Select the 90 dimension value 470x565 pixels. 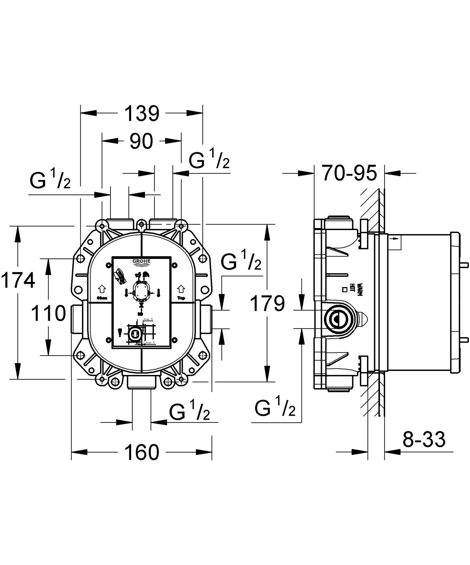point(141,141)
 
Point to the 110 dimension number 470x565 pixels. point(48,314)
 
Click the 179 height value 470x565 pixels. point(267,304)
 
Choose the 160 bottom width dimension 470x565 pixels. point(142,452)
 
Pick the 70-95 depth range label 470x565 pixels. point(350,173)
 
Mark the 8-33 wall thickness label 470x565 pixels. point(424,439)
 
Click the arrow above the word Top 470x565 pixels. point(181,288)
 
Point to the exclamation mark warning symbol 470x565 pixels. point(119,333)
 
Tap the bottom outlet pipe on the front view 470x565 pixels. point(141,383)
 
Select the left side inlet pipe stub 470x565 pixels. point(77,314)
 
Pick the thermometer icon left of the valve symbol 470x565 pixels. point(126,293)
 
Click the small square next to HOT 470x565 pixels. point(345,289)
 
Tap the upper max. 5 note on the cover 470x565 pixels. point(148,319)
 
